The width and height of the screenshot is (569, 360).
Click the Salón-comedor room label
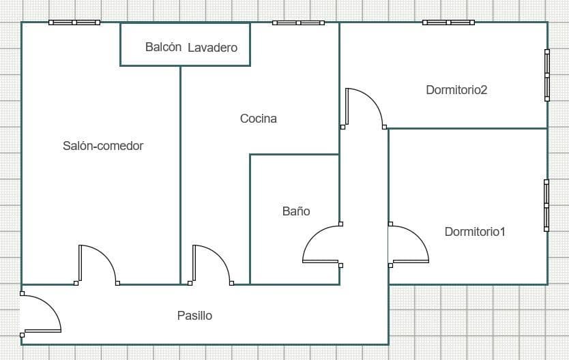pyautogui.click(x=103, y=146)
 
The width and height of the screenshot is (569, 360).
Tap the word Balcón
pyautogui.click(x=163, y=47)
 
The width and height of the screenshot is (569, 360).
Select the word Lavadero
pyautogui.click(x=213, y=48)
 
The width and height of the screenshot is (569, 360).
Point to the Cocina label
pyautogui.click(x=259, y=119)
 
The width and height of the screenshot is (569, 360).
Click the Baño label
pyautogui.click(x=296, y=211)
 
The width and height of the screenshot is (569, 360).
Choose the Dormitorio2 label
pyautogui.click(x=456, y=90)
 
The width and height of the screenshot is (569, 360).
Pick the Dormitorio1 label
pyautogui.click(x=475, y=232)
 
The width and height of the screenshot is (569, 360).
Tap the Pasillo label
pyautogui.click(x=195, y=316)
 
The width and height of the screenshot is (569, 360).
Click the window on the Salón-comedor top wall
pyautogui.click(x=74, y=22)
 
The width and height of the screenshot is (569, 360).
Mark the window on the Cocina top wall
pyautogui.click(x=298, y=22)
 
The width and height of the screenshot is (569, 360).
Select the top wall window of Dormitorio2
pyautogui.click(x=448, y=22)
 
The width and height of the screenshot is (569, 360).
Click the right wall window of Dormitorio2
pyautogui.click(x=547, y=76)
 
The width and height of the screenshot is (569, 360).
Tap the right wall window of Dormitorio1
pyautogui.click(x=546, y=205)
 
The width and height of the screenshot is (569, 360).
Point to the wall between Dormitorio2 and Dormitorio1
pyautogui.click(x=468, y=128)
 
